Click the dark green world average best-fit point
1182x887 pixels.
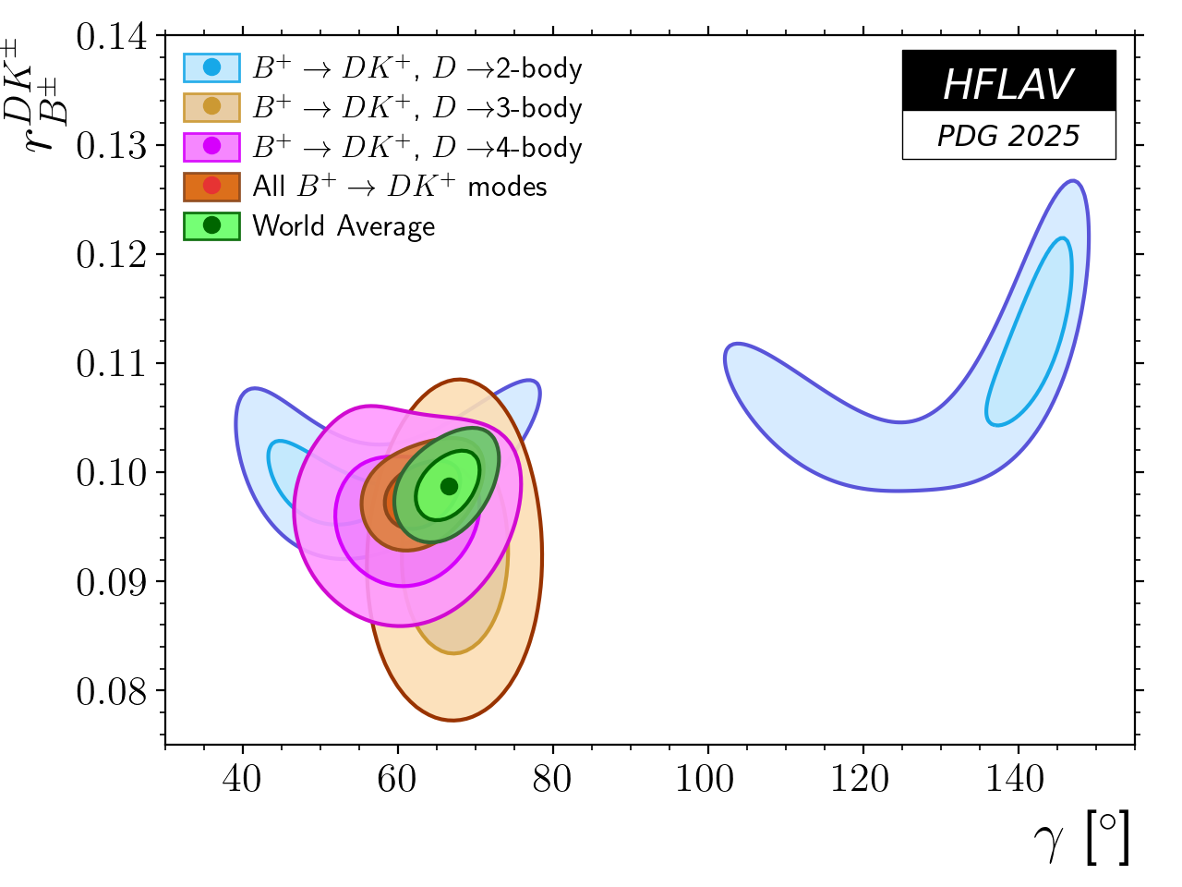pyautogui.click(x=449, y=486)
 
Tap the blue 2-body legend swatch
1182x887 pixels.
pyautogui.click(x=211, y=67)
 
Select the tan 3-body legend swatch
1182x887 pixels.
pyautogui.click(x=211, y=107)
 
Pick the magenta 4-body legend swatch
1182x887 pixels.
pyautogui.click(x=211, y=147)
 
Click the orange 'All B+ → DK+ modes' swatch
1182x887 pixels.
pyautogui.click(x=211, y=186)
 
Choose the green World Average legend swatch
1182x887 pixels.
pyautogui.click(x=211, y=225)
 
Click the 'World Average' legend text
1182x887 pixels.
pyautogui.click(x=344, y=226)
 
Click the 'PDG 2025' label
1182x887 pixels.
pyautogui.click(x=1008, y=136)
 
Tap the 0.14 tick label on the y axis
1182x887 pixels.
pyautogui.click(x=112, y=37)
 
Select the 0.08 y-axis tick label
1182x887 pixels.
pyautogui.click(x=112, y=691)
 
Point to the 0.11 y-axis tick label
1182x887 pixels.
pyautogui.click(x=112, y=364)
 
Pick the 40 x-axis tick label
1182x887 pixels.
pyautogui.click(x=242, y=779)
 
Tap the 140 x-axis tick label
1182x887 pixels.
pyautogui.click(x=1016, y=779)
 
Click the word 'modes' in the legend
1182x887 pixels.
pyautogui.click(x=507, y=187)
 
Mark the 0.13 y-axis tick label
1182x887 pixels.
pyautogui.click(x=112, y=146)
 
